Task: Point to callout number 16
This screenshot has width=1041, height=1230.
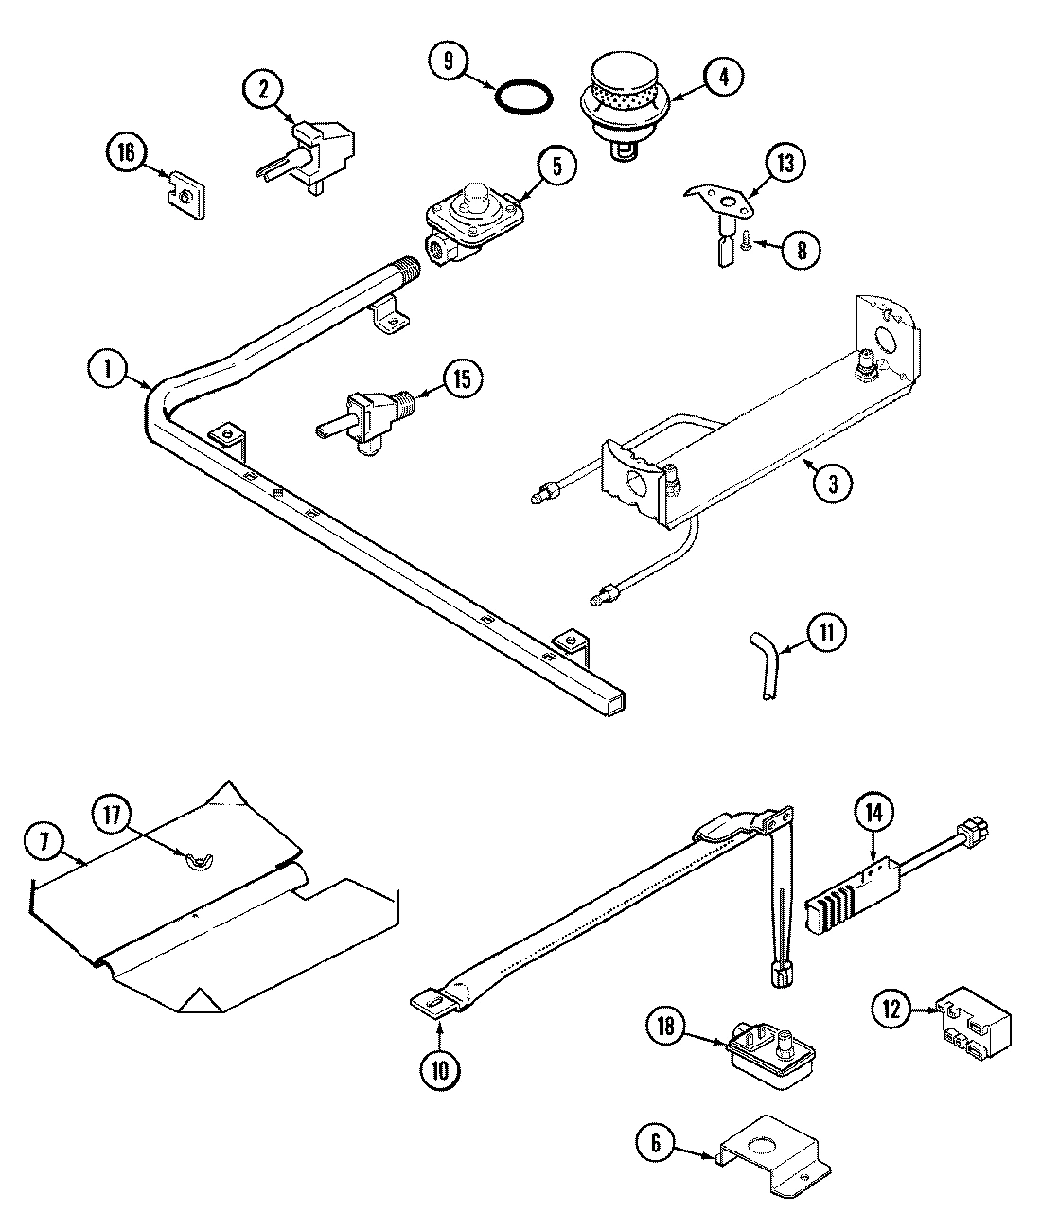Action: [x=127, y=151]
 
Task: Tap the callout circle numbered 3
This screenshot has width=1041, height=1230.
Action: [x=831, y=483]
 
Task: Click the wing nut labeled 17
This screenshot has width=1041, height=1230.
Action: [x=201, y=859]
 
